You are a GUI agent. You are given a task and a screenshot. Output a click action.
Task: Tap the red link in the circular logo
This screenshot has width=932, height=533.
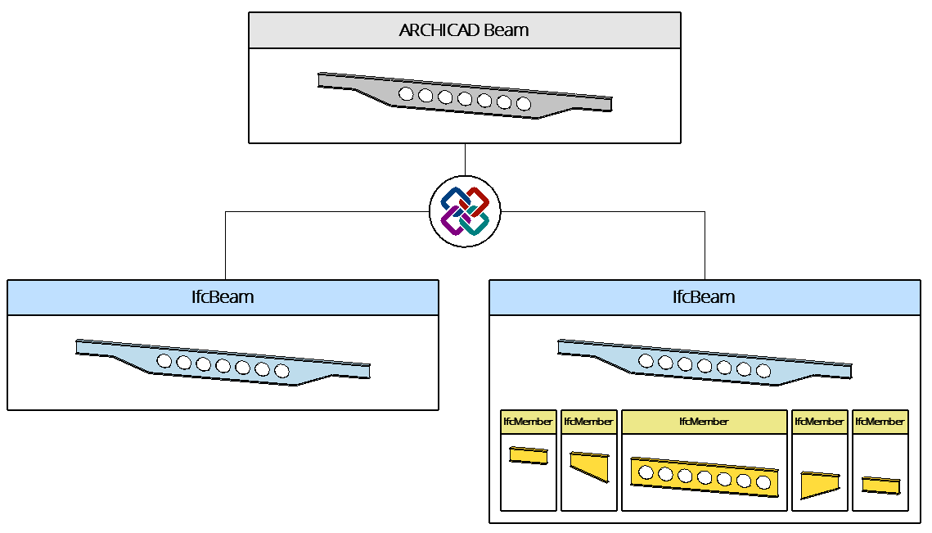click(477, 200)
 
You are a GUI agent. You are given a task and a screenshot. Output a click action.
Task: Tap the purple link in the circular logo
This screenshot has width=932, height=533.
click(451, 221)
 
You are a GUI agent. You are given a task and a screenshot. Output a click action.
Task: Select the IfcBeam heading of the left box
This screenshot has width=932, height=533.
click(223, 297)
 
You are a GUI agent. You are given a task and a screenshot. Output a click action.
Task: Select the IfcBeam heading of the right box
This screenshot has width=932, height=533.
click(704, 297)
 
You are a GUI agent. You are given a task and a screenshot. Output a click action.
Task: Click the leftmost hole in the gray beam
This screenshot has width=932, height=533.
click(406, 93)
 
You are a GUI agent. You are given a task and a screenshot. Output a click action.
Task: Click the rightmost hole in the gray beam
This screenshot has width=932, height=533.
click(524, 104)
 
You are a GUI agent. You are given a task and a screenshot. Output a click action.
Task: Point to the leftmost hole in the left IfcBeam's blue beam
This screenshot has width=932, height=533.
click(164, 361)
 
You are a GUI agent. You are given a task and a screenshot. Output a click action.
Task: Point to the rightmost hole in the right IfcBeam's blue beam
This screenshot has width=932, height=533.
click(763, 371)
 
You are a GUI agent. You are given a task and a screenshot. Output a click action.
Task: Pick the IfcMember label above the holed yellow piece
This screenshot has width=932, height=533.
click(704, 422)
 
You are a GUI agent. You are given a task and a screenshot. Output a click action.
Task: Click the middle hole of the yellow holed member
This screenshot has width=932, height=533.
click(705, 477)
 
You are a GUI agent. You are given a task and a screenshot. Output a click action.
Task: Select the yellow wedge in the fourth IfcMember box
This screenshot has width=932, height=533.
click(818, 486)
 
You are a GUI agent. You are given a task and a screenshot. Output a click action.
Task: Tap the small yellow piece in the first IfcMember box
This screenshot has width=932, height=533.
click(528, 455)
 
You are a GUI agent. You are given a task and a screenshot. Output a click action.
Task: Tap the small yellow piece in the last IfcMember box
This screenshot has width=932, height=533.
click(880, 486)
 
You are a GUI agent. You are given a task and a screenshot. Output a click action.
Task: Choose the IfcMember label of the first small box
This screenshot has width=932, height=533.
click(528, 422)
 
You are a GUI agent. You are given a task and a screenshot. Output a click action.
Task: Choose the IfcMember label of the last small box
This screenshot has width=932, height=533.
click(880, 422)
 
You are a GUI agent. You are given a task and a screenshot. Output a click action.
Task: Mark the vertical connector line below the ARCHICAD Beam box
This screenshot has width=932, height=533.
click(465, 160)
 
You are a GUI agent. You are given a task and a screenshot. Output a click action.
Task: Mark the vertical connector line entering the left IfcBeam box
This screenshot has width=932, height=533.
click(225, 246)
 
